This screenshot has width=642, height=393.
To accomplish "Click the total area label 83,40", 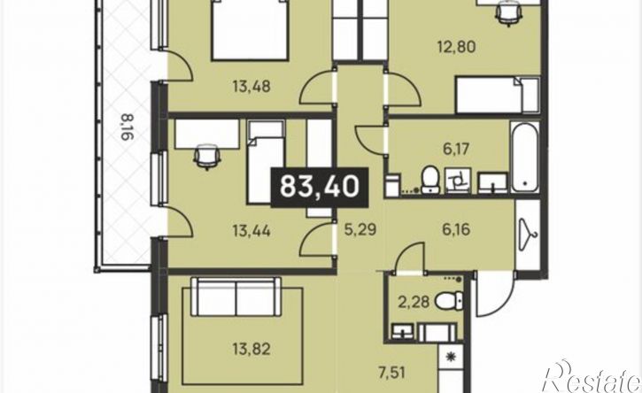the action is pos(320,187).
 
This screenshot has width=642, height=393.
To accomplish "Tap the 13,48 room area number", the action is pos(251,87).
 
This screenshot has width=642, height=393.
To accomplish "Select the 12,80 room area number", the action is pos(457,47).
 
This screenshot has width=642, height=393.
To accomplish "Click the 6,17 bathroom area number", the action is pos(456,149).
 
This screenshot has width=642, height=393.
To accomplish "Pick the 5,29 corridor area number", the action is pos(360,230).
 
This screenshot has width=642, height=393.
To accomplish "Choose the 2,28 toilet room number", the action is pos(414,303).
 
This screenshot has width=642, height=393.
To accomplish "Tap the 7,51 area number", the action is pos(391,373).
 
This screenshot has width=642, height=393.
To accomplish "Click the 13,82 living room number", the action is pos(251,350).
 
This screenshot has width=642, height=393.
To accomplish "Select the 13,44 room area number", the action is pos(251,231).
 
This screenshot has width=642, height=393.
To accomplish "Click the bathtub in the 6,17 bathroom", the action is pos(524,156).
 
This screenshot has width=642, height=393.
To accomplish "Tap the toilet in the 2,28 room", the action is pos(450,302).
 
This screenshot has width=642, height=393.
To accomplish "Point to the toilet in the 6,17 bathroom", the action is pos(429,179).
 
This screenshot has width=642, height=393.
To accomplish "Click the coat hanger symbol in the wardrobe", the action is pos(528,235).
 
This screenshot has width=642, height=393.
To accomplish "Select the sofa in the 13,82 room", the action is pos(236,297).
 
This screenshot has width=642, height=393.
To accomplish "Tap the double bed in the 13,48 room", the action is pos(249,30).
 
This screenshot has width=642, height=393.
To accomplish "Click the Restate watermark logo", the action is pos(592,377).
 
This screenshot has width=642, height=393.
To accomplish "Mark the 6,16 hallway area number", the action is pos(456,229).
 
